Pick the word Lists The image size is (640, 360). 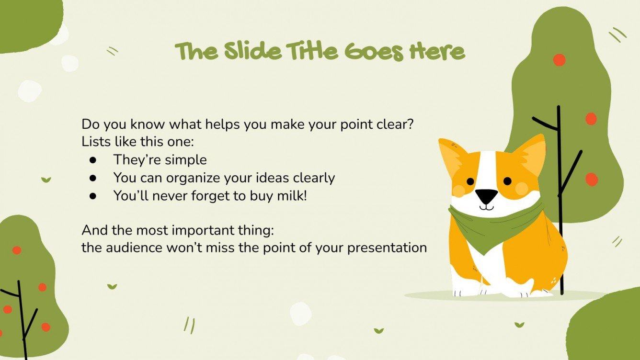[x=95, y=142]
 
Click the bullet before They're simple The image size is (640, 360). [x=93, y=160]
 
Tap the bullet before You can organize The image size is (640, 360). [x=93, y=178]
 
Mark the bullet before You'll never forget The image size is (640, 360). [x=93, y=195]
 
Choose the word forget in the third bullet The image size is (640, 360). [x=209, y=195]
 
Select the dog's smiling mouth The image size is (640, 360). [x=486, y=207]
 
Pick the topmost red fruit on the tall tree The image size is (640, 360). [x=559, y=60]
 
